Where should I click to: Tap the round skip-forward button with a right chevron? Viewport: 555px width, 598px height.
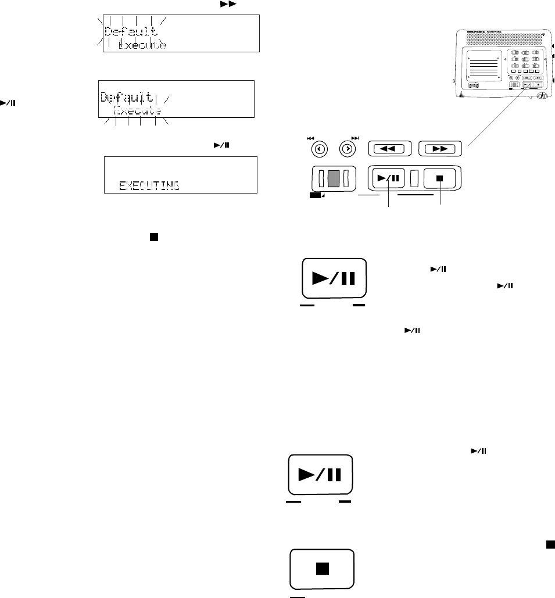(348, 148)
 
